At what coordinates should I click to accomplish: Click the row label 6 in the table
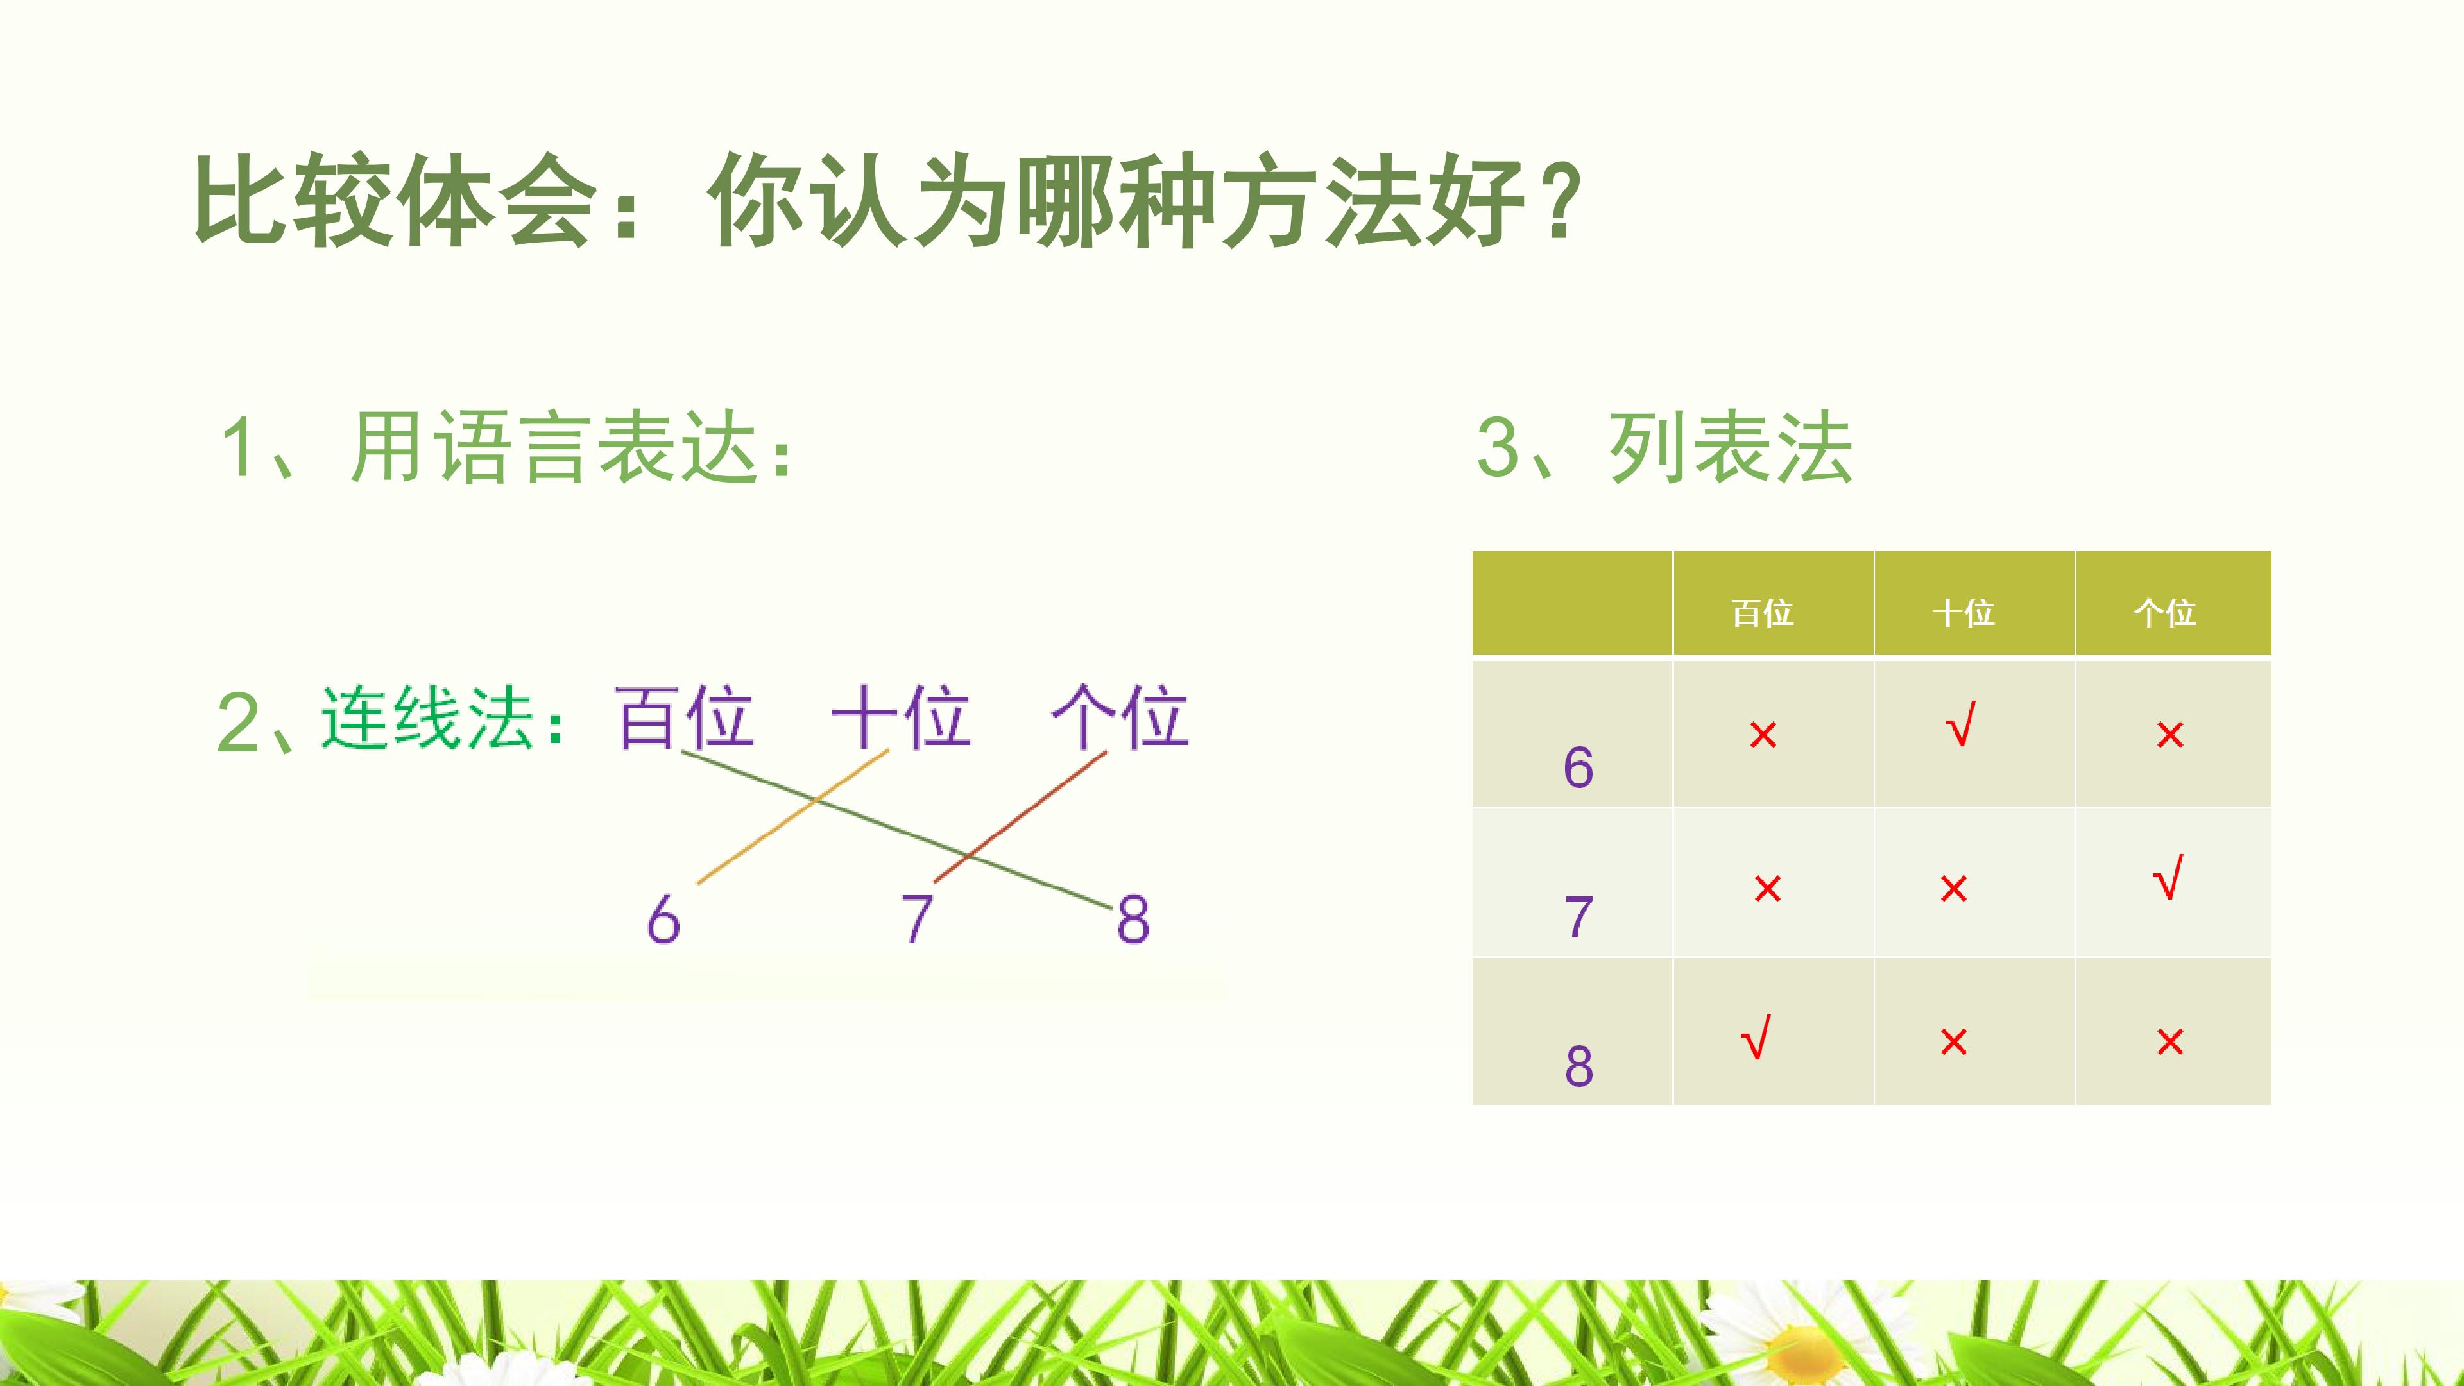click(1579, 767)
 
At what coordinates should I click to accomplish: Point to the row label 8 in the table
click(1579, 1066)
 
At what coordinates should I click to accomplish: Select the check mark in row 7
click(2168, 878)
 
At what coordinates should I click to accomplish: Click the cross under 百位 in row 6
click(1763, 735)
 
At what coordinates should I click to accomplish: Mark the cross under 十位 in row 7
click(1953, 889)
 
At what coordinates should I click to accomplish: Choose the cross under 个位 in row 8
click(2170, 1041)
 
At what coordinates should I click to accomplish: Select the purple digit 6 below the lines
click(663, 920)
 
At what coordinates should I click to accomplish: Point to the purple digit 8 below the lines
click(1133, 920)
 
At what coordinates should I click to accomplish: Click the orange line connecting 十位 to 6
click(793, 817)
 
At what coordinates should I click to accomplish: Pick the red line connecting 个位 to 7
click(1020, 817)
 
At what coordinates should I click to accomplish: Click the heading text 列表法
click(1731, 448)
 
